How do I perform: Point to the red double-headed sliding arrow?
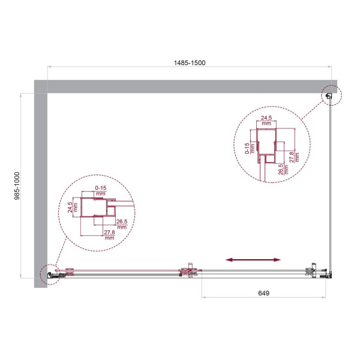(x=253, y=260)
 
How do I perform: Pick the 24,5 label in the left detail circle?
(x=70, y=207)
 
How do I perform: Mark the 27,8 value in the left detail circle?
(x=109, y=235)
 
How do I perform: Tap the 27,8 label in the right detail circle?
(x=292, y=157)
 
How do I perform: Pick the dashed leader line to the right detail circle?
(x=315, y=111)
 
